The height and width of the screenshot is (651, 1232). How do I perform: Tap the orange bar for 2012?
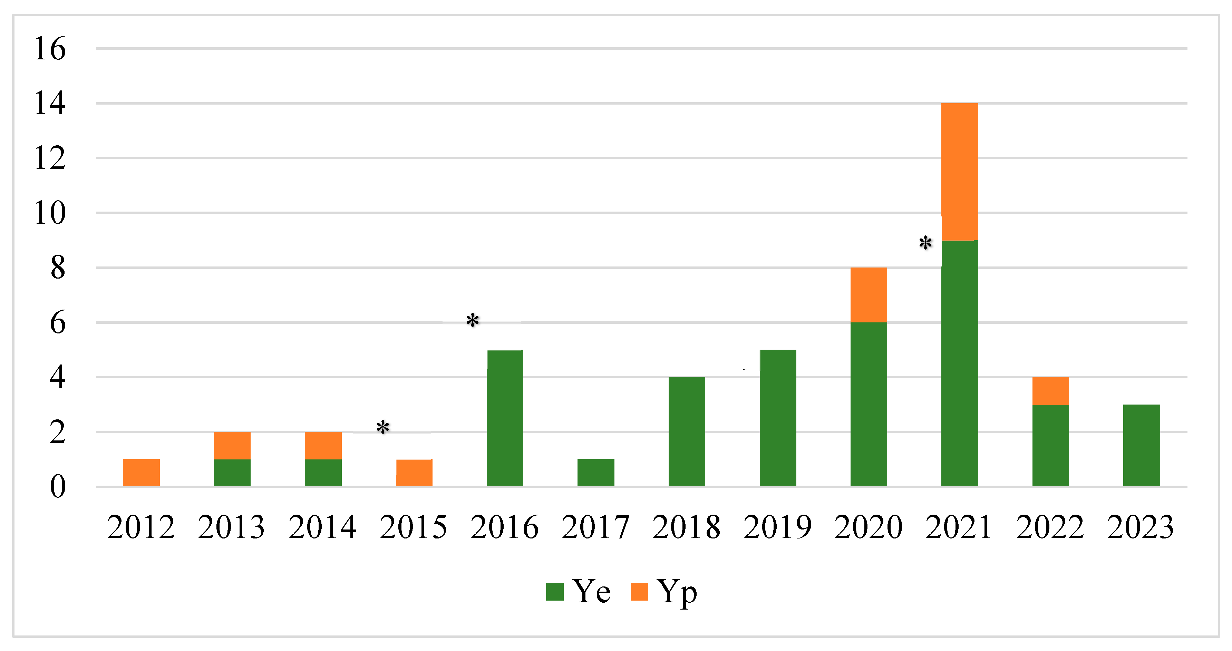tap(141, 472)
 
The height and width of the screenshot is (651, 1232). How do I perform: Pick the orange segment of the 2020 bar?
tap(869, 295)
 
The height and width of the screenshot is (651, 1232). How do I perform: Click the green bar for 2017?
tap(595, 472)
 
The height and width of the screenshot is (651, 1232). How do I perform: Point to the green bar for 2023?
tap(1141, 445)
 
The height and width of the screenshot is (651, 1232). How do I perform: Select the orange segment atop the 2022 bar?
tap(1050, 390)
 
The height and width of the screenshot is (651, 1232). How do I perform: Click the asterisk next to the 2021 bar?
tap(925, 243)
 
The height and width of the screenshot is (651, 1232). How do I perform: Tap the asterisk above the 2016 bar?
tap(473, 320)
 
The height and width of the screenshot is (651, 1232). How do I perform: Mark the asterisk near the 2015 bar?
tap(382, 427)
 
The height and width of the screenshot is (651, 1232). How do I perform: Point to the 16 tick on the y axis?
tap(50, 48)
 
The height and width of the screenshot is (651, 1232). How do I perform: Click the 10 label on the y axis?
tap(50, 213)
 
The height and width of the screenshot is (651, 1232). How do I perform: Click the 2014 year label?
tap(322, 527)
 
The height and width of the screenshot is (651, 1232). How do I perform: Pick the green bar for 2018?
tap(686, 431)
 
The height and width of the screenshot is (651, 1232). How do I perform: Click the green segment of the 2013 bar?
tap(232, 472)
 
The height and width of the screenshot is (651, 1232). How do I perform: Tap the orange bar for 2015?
tap(414, 472)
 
